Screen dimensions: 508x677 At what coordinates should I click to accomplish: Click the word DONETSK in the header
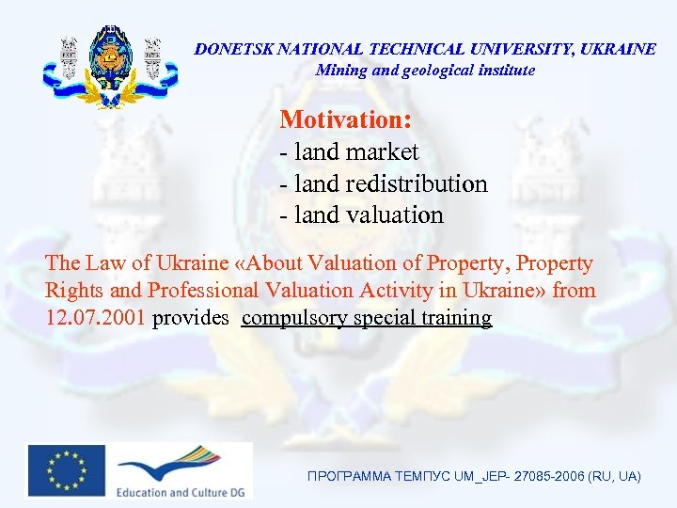point(229,49)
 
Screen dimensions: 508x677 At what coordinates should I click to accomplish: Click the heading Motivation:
point(346,120)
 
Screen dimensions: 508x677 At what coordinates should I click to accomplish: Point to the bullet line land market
point(350,151)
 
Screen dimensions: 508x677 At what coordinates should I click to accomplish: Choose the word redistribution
point(417,183)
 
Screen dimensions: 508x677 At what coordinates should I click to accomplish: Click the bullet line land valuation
point(362,215)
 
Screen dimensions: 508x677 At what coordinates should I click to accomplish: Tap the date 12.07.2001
point(95,318)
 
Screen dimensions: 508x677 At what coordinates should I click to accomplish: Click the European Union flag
point(66,468)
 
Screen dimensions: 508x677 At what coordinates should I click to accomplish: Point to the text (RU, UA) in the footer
point(613,478)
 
